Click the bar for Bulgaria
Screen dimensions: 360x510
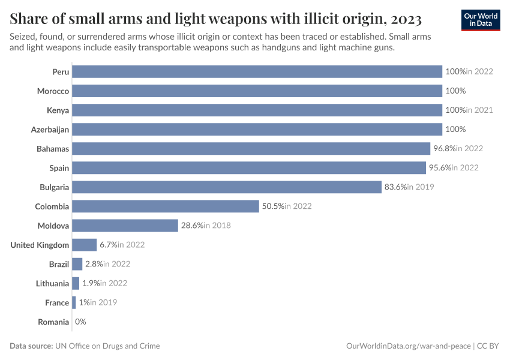227,187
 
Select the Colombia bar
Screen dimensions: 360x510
165,206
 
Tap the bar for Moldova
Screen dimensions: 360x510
125,226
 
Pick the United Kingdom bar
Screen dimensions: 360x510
84,245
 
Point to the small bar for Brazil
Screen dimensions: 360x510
77,264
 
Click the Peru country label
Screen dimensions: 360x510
61,72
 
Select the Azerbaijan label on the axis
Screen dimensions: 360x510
50,130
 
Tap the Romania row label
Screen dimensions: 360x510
53,322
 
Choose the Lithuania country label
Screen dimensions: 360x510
52,284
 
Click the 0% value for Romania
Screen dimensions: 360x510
80,322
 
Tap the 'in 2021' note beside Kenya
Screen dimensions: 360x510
479,110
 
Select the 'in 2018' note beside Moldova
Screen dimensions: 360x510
217,226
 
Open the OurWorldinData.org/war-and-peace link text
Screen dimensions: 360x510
409,346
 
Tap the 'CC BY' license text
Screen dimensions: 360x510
489,346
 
